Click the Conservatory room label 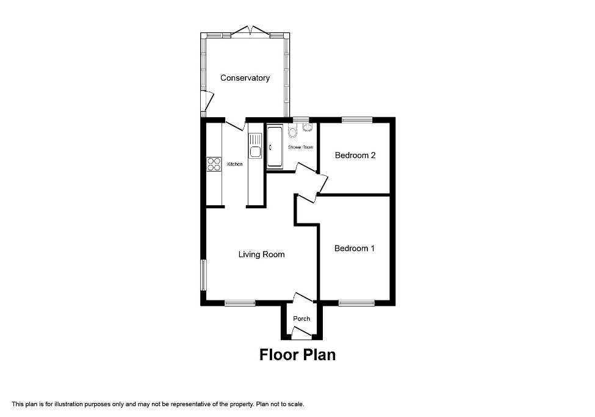[245, 78]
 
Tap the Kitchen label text [235, 164]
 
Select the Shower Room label [300, 147]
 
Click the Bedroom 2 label [355, 155]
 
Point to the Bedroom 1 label [355, 248]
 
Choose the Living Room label [261, 255]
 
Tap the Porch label [301, 319]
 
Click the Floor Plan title [297, 355]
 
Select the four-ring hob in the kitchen [214, 164]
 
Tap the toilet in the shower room [293, 131]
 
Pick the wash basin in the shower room [307, 127]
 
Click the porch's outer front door [300, 333]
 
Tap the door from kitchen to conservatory [235, 125]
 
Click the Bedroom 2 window [356, 120]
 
